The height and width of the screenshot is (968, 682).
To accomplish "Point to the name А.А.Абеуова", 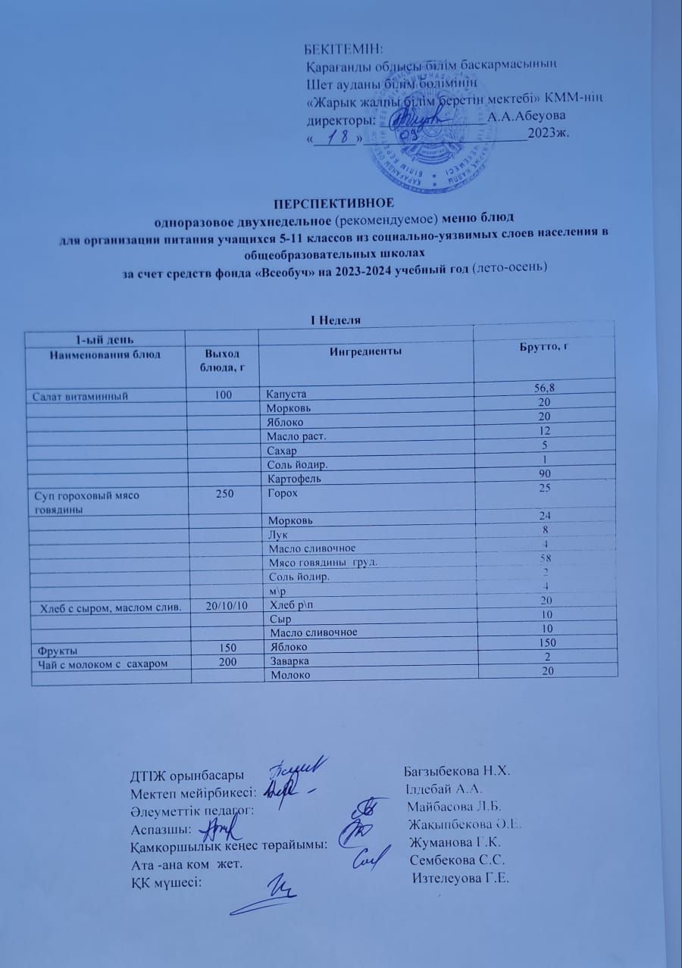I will (x=526, y=117).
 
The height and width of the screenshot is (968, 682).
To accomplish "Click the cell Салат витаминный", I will (x=79, y=395).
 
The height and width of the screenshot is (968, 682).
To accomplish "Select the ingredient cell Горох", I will (x=282, y=492).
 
